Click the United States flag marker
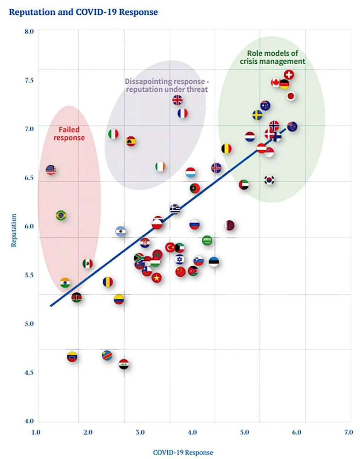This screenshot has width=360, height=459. point(51,170)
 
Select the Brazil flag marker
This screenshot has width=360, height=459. point(61,215)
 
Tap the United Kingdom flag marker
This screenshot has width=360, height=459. point(177,100)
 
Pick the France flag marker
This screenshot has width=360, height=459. point(183,113)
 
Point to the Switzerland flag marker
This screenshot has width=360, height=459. point(289,74)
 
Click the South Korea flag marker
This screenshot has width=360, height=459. point(269,180)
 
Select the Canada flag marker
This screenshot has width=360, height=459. point(276,83)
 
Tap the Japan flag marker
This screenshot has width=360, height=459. point(291,96)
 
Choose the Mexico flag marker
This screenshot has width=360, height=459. point(88,263)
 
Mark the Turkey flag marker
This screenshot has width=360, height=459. point(170,247)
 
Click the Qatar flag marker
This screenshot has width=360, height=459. point(229,225)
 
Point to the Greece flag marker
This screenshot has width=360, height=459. point(175,209)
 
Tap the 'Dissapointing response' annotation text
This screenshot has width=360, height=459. point(166,84)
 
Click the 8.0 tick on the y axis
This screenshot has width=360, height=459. point(29,31)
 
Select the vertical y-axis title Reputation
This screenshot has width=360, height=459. point(14,229)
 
